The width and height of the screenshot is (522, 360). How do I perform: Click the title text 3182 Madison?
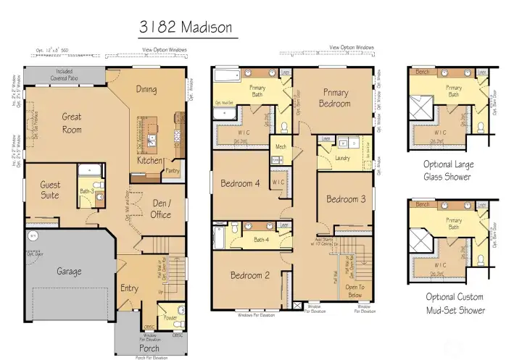[186, 28]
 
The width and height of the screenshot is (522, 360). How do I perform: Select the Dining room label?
[146, 90]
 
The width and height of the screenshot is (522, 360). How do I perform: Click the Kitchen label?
[150, 160]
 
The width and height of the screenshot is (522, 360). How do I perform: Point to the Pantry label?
[172, 171]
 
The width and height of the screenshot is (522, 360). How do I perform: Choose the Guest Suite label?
[50, 190]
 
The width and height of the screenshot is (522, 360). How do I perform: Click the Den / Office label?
[161, 209]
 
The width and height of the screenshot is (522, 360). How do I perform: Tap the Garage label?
[70, 272]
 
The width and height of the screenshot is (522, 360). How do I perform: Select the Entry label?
[129, 288]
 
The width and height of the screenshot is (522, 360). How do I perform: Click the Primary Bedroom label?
[336, 98]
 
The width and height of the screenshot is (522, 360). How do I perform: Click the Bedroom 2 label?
[250, 275]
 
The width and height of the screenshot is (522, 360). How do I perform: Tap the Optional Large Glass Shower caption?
[449, 170]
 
